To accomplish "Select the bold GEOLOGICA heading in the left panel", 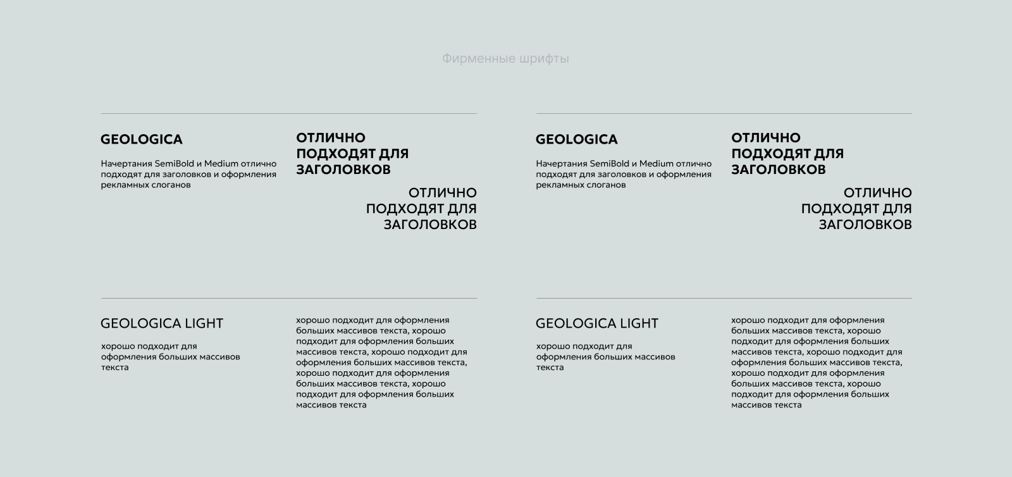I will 141,139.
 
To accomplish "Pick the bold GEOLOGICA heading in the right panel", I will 576,139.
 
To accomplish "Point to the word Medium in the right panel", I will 657,164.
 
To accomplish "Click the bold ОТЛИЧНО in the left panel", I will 331,138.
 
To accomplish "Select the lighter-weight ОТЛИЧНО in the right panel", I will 878,193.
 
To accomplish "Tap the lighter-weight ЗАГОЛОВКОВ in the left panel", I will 430,225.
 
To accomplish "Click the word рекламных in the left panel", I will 121,185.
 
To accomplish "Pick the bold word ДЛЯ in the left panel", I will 393,154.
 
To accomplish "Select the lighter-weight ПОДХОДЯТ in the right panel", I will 839,209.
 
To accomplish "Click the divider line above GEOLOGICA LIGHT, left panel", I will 289,298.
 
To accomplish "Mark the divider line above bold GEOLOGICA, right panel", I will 724,114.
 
